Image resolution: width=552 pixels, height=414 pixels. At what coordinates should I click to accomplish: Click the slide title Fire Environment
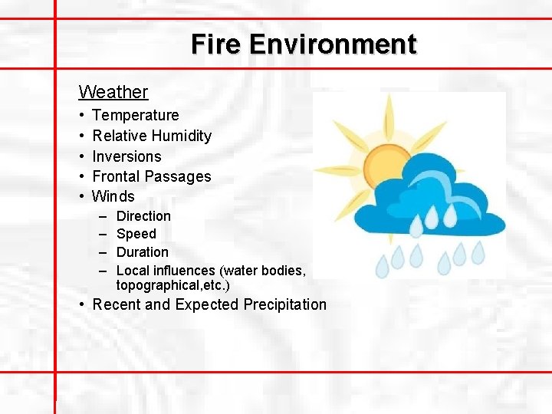[x=304, y=44]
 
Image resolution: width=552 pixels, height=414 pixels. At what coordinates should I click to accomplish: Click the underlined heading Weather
[x=113, y=92]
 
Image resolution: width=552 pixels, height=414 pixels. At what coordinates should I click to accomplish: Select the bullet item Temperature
[x=135, y=115]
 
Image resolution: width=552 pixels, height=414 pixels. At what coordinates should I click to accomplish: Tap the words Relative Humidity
[x=151, y=136]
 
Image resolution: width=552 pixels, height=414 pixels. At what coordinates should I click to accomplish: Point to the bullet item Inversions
[x=127, y=156]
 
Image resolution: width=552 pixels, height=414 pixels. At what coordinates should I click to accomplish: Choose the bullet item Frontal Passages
[x=151, y=176]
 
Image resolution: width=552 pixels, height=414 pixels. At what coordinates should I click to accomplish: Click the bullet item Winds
[x=113, y=196]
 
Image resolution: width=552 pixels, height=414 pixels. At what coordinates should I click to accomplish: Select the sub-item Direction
[x=143, y=216]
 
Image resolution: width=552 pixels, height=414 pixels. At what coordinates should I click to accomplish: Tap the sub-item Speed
[x=136, y=234]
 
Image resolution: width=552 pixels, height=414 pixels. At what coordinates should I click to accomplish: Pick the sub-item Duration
[x=142, y=251]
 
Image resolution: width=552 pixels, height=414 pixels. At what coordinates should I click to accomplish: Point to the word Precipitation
[x=284, y=304]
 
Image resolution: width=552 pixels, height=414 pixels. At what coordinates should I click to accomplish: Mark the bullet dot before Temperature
[x=81, y=116]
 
